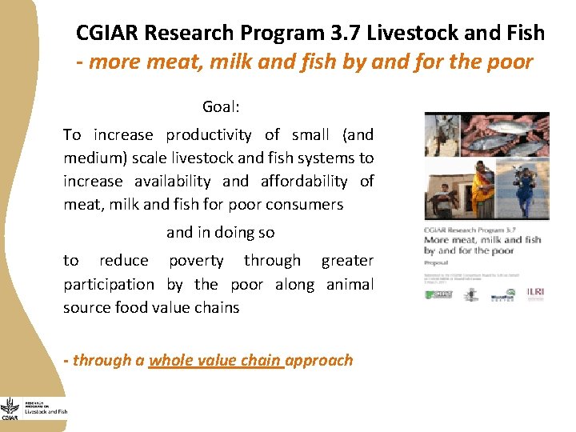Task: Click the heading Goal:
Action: [222, 106]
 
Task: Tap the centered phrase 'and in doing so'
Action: [220, 233]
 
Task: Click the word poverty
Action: [196, 261]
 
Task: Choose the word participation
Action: [109, 284]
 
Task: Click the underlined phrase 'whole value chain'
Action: [215, 360]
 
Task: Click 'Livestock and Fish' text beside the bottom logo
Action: [46, 412]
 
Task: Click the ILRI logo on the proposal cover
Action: [534, 293]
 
